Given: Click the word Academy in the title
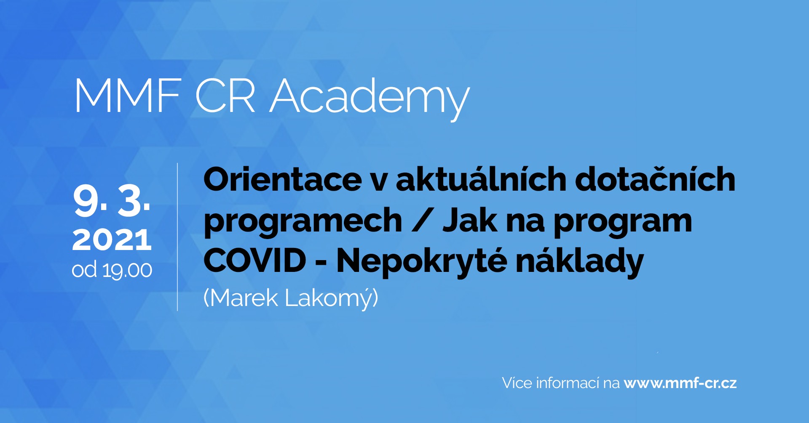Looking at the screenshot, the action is pos(370,98).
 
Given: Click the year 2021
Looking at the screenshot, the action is pos(112,240).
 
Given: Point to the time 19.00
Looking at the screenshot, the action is pos(127,270).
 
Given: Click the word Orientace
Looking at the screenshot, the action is pos(282,180).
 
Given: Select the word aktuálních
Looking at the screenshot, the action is pos(481,179).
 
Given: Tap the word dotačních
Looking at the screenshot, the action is pos(655,179).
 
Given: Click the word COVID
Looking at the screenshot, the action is pos(254,261).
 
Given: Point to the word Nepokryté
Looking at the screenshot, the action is pos(421,261).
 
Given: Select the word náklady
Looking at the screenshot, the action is pos(580,261).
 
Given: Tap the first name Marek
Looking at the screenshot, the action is pos(244,298).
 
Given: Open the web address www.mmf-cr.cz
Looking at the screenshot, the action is pos(680,383).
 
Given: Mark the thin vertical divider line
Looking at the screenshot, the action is pos(177,237).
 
